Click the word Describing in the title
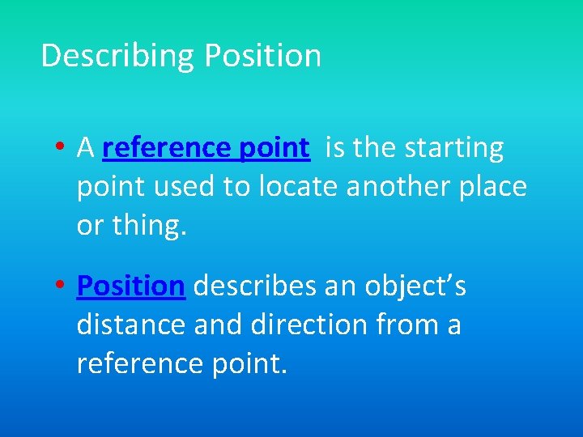pos(118,56)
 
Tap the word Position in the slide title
pos(262,56)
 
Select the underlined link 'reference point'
pos(206,148)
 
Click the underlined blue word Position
pos(131,286)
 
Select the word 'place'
pos(493,187)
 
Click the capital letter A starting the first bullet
pos(85,148)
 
